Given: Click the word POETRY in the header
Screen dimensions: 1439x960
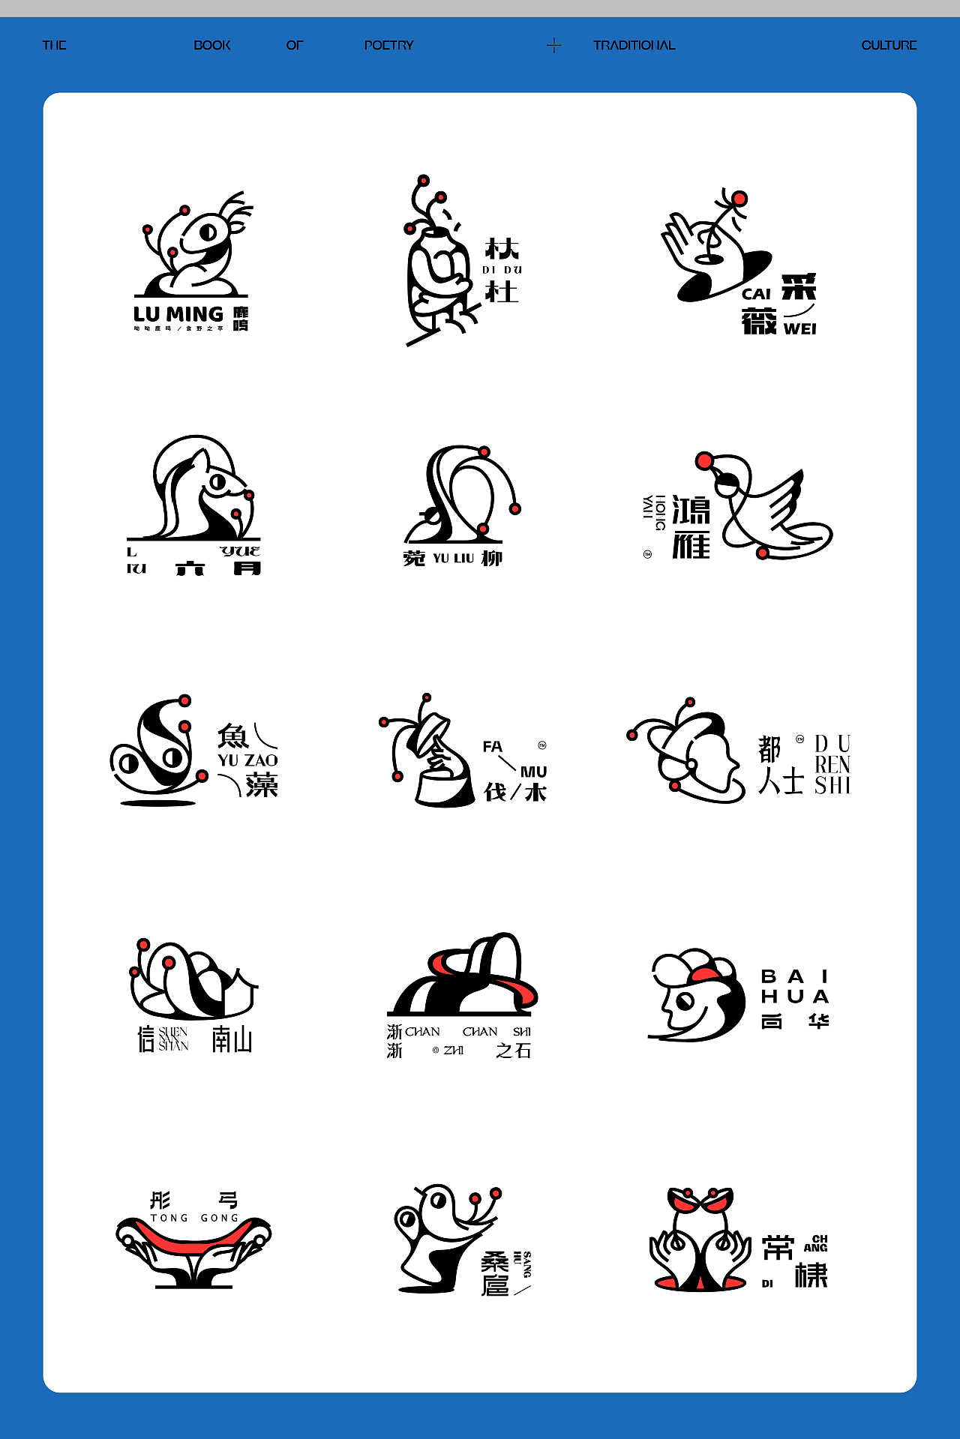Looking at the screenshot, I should pyautogui.click(x=388, y=45).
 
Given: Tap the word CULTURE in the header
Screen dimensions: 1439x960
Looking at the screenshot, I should pyautogui.click(x=889, y=45).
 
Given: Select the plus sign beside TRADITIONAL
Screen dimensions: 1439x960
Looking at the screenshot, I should pyautogui.click(x=553, y=46).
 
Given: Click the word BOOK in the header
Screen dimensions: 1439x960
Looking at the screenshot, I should pyautogui.click(x=212, y=45).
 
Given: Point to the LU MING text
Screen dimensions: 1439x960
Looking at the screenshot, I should pyautogui.click(x=178, y=314).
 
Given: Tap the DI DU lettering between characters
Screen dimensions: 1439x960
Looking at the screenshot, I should pyautogui.click(x=502, y=270).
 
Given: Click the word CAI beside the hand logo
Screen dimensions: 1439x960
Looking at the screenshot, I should pyautogui.click(x=756, y=295).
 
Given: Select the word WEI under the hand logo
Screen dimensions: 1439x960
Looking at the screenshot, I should pyautogui.click(x=799, y=329).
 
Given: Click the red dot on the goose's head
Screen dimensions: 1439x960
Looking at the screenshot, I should pyautogui.click(x=704, y=461).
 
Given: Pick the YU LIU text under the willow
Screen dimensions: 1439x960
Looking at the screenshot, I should pyautogui.click(x=454, y=559).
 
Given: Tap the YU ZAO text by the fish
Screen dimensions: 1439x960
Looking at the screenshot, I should pyautogui.click(x=247, y=760).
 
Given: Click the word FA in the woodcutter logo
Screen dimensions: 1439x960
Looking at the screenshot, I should pyautogui.click(x=492, y=747).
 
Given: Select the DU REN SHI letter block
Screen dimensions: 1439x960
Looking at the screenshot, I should pyautogui.click(x=832, y=765).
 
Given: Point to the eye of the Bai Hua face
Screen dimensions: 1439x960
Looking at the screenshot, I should pyautogui.click(x=685, y=1000).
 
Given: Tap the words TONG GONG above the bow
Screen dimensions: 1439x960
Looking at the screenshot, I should pyautogui.click(x=194, y=1218).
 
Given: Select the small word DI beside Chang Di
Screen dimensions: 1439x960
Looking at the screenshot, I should pyautogui.click(x=767, y=1284).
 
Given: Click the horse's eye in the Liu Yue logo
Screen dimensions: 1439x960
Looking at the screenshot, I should pyautogui.click(x=217, y=482).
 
